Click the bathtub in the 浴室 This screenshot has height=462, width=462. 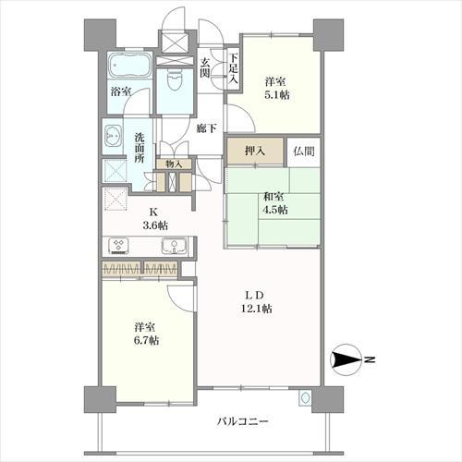click(x=129, y=66)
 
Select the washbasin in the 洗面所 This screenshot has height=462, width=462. click(x=112, y=136)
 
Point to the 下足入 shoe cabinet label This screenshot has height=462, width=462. click(x=233, y=68)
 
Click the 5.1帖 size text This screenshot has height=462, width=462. click(x=276, y=95)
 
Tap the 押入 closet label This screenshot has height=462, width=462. click(x=255, y=152)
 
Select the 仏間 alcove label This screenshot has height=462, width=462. click(x=304, y=152)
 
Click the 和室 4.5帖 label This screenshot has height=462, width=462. click(x=274, y=203)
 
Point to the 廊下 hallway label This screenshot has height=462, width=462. click(x=207, y=128)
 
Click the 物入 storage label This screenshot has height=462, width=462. click(x=174, y=164)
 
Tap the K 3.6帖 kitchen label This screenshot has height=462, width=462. click(x=155, y=219)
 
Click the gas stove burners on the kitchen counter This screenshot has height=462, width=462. click(x=118, y=246)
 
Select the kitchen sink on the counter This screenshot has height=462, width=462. click(x=174, y=246)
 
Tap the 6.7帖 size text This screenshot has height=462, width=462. click(x=147, y=340)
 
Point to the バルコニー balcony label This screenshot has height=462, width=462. click(x=243, y=421)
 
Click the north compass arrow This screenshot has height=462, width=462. click(x=346, y=359)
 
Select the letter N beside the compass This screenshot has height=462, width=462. click(x=369, y=359)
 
